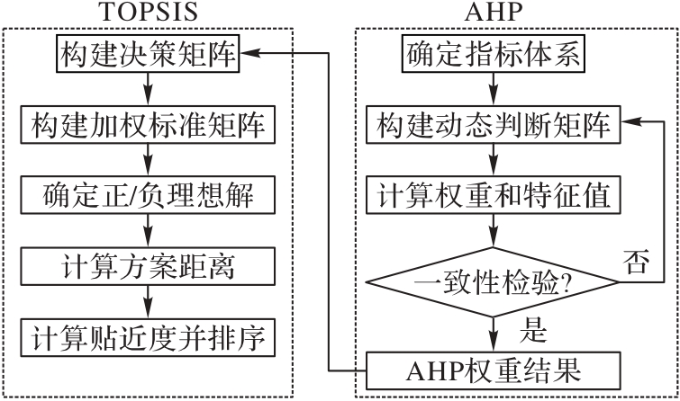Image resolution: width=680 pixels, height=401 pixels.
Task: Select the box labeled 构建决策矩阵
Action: [149, 55]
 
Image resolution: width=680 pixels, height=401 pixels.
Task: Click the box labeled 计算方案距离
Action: [149, 265]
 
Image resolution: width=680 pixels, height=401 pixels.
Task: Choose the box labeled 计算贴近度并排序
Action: [149, 335]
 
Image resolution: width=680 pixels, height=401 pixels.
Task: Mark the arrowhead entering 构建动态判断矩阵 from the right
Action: [629, 125]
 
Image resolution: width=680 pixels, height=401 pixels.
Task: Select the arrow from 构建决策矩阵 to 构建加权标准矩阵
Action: [149, 91]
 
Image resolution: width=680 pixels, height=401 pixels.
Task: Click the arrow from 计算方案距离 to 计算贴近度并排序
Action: [149, 301]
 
